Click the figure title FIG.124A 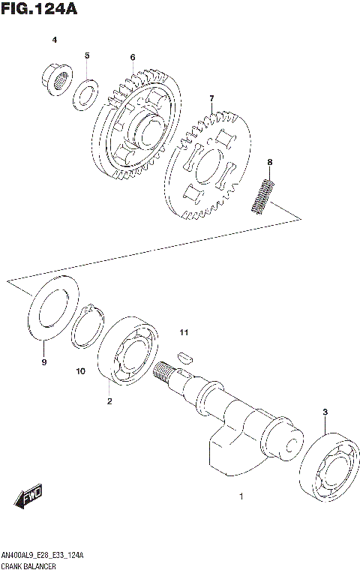39,9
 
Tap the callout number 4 54,39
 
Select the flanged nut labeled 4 55,76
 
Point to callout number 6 132,57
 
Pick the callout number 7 211,98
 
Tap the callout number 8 269,162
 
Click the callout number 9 43,362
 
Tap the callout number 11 184,332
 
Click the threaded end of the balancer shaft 165,370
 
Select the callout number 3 325,412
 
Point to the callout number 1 241,496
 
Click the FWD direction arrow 28,497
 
